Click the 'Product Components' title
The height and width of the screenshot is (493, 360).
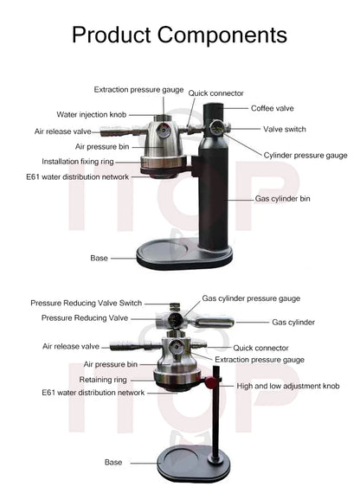tap(179, 35)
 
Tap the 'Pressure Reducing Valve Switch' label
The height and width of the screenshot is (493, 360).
tap(87, 304)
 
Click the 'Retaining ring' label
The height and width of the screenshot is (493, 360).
tap(105, 379)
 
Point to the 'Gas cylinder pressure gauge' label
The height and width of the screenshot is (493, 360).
tap(251, 298)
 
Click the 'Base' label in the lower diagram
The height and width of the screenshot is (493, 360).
tap(113, 463)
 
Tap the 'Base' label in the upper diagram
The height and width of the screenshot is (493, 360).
tap(99, 258)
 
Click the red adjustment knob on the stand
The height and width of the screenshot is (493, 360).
tap(209, 383)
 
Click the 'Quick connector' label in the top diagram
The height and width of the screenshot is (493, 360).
tap(216, 93)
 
